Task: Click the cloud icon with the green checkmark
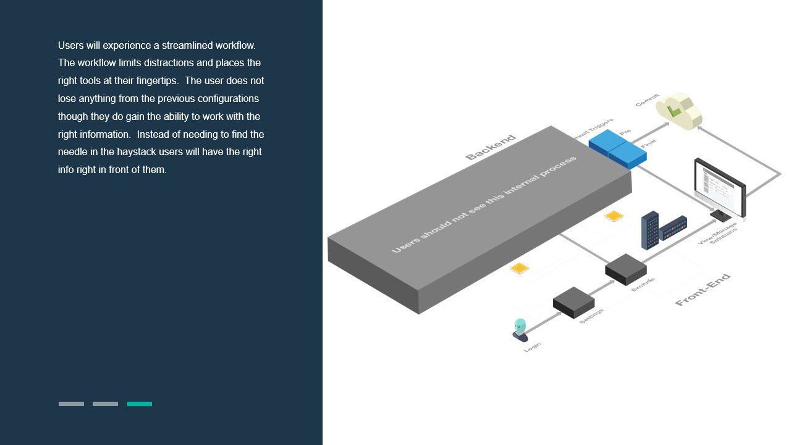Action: click(x=679, y=111)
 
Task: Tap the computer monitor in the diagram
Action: click(x=720, y=185)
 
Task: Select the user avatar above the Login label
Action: click(x=520, y=329)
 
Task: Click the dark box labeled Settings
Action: click(x=573, y=302)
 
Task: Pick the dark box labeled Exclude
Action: click(x=625, y=269)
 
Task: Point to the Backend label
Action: click(x=490, y=147)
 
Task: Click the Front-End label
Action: click(x=703, y=289)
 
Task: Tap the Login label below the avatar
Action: click(x=532, y=347)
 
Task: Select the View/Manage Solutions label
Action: click(x=719, y=234)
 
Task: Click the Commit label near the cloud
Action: click(x=647, y=100)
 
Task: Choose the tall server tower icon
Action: click(x=649, y=230)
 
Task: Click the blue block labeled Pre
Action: click(x=607, y=142)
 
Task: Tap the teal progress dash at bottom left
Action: click(x=140, y=404)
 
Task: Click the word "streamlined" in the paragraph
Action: click(x=187, y=45)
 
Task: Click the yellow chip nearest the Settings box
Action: click(x=519, y=268)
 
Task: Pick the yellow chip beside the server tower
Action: click(x=614, y=216)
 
